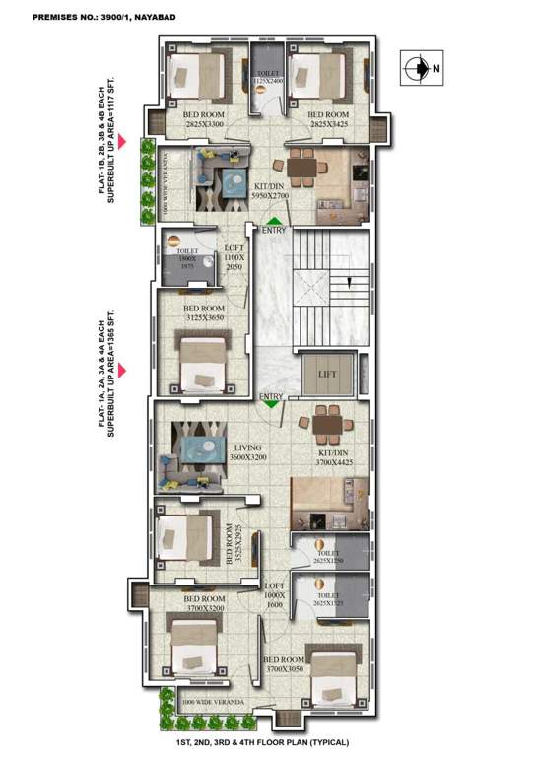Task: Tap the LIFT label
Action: [326, 373]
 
